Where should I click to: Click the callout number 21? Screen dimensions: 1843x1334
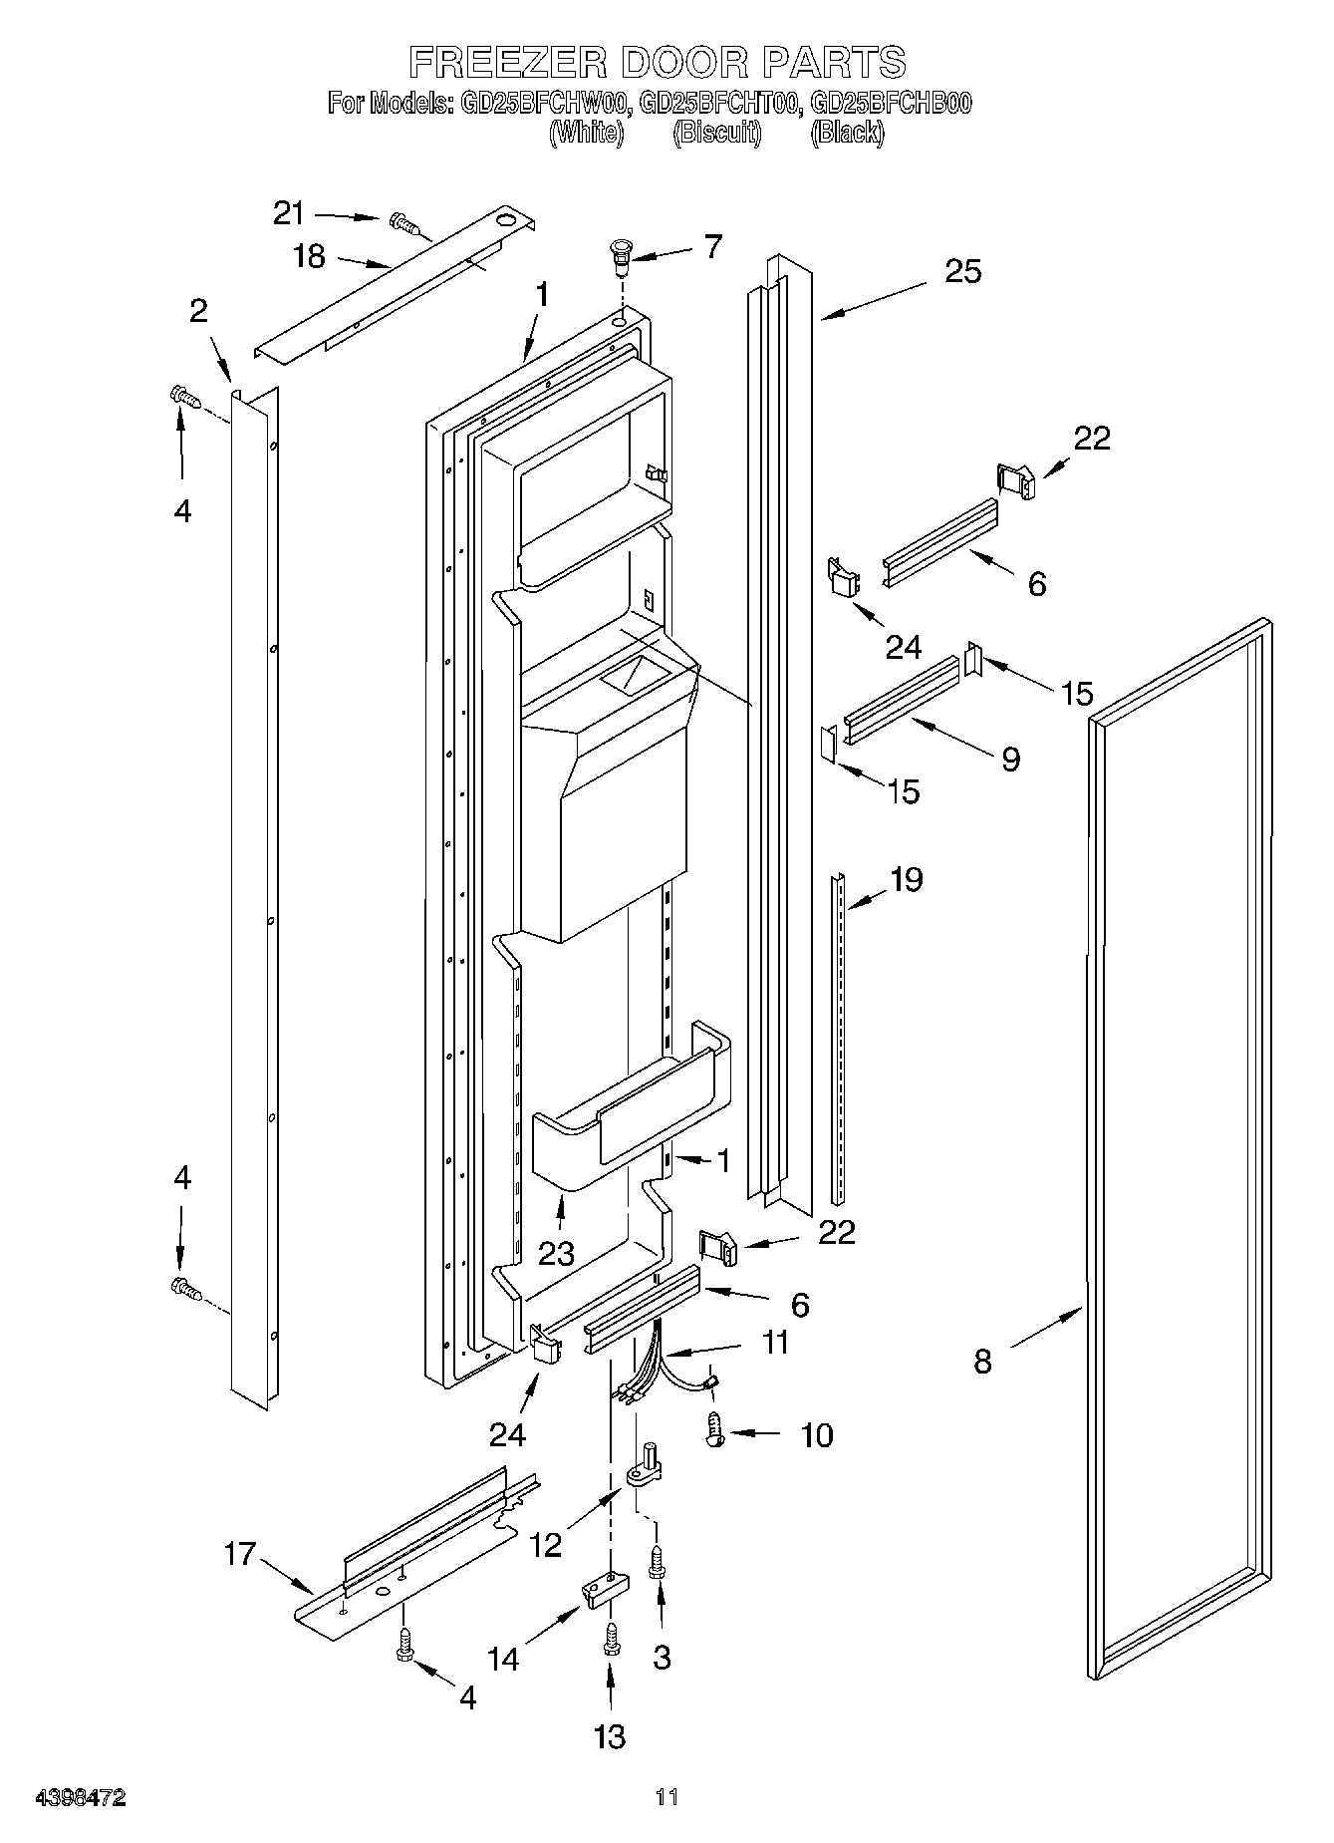[289, 212]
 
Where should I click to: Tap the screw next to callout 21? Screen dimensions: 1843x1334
[406, 225]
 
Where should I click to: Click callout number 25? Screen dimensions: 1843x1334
[962, 270]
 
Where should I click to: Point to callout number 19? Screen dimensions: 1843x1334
[906, 879]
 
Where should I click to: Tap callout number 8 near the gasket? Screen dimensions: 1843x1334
[982, 1361]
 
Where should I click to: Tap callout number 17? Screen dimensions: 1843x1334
[240, 1553]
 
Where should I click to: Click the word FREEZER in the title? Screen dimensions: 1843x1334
[507, 62]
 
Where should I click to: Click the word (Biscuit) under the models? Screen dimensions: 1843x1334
[717, 133]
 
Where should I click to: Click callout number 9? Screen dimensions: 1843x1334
[1010, 760]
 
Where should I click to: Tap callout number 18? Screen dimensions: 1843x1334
[310, 256]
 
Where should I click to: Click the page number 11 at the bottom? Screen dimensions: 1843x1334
[667, 1798]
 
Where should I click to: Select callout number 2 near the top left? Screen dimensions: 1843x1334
[198, 311]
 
